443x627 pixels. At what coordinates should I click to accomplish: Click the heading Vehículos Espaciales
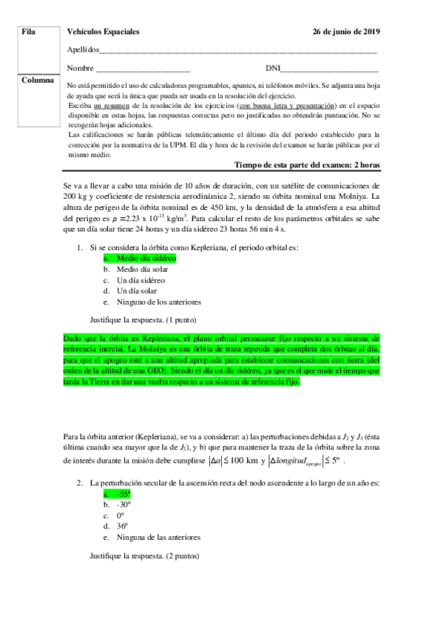pyautogui.click(x=103, y=33)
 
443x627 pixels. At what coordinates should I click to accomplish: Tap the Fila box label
pyautogui.click(x=30, y=33)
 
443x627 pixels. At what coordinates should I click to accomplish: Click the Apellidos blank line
pyautogui.click(x=237, y=52)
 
